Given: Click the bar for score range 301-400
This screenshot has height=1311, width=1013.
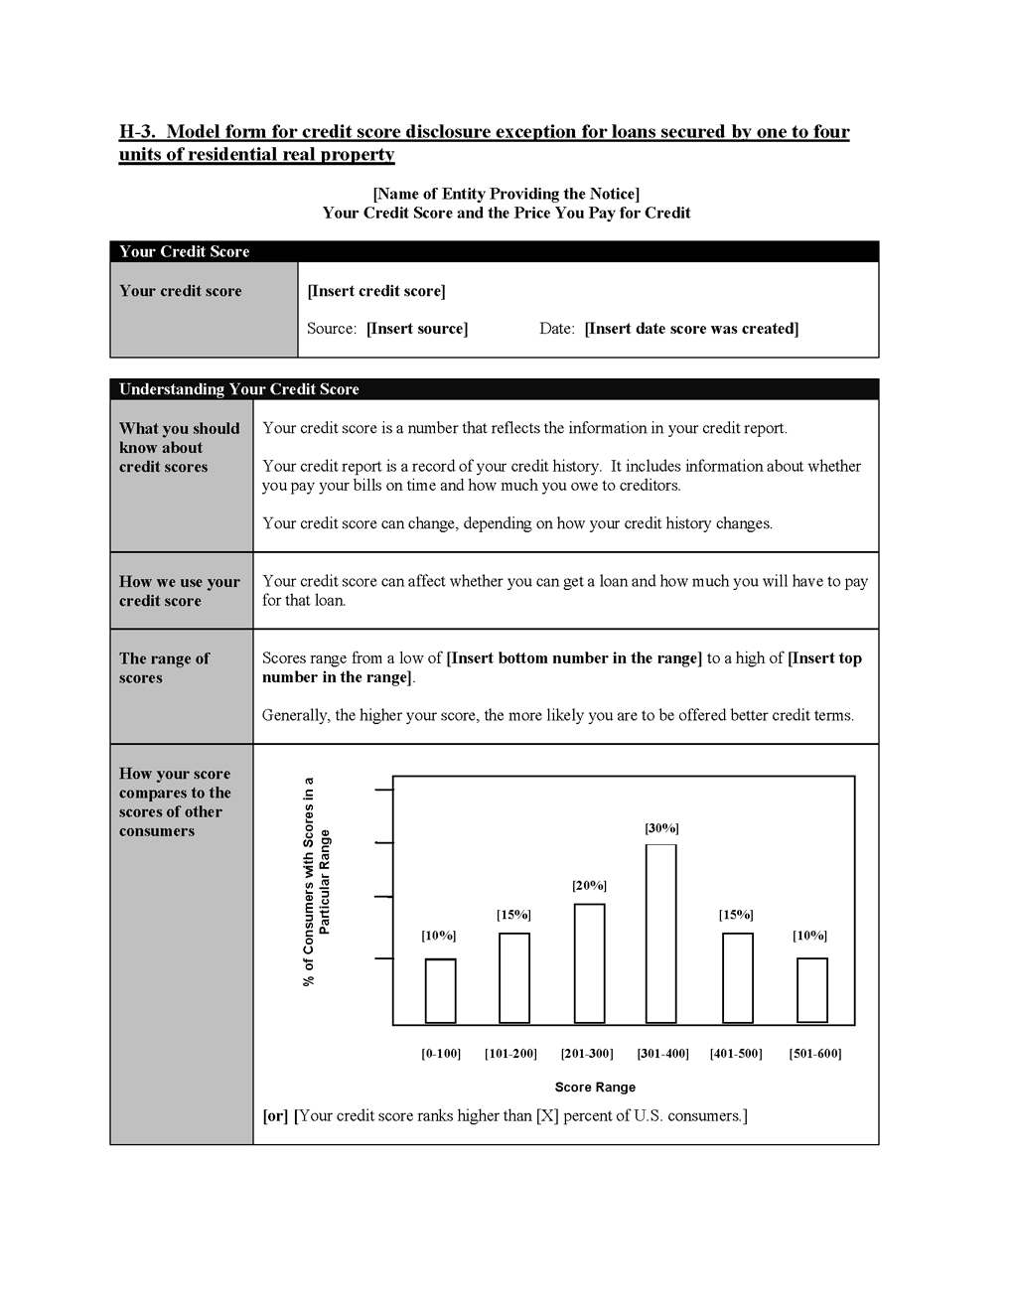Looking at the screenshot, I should [x=661, y=933].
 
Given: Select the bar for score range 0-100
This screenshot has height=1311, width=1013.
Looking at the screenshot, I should [x=441, y=990].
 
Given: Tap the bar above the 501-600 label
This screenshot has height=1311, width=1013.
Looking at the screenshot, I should [x=812, y=989].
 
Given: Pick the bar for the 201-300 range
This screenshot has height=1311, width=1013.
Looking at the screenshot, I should [x=589, y=962].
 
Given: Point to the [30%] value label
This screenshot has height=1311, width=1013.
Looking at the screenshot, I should [x=661, y=828].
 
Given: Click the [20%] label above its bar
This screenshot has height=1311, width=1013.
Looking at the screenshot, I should [x=589, y=885].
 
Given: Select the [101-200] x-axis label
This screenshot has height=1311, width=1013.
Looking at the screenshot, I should [x=510, y=1053].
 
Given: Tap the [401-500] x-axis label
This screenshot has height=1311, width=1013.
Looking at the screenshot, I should [x=736, y=1053].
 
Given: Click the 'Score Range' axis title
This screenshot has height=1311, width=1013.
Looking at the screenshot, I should [x=595, y=1087].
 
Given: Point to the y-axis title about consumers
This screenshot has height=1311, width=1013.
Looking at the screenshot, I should [x=316, y=882].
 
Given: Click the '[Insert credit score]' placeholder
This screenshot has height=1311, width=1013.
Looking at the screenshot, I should [x=376, y=291].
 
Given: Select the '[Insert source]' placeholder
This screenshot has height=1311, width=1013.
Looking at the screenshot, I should [x=417, y=329].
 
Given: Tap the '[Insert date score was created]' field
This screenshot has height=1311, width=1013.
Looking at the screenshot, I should [x=691, y=329].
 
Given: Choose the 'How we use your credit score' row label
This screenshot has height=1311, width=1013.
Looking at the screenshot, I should [x=180, y=591].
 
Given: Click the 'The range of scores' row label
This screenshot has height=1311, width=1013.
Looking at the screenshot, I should [x=164, y=667].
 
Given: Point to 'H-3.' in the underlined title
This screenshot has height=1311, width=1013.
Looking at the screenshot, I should [x=137, y=132].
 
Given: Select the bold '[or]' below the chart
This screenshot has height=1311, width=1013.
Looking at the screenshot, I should [x=275, y=1115].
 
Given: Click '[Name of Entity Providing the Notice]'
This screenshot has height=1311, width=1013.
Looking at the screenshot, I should [x=506, y=194].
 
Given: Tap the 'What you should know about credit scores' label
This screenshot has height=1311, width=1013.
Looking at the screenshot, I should [x=180, y=448].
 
